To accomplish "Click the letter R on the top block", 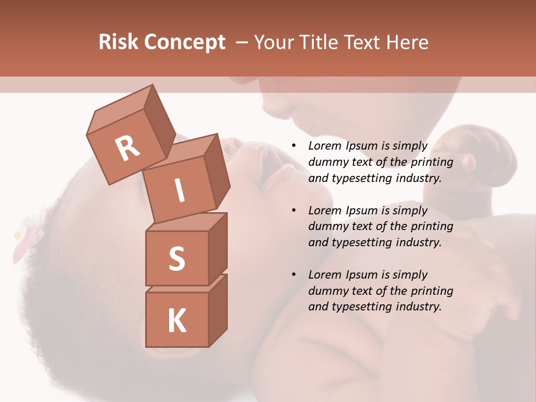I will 128,148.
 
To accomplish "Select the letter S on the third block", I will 176,259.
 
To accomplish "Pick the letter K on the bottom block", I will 176,321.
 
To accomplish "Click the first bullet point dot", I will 294,146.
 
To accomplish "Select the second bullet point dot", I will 294,210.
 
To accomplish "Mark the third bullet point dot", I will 294,275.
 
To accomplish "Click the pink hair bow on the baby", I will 25,240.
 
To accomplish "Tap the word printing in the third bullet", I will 432,291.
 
